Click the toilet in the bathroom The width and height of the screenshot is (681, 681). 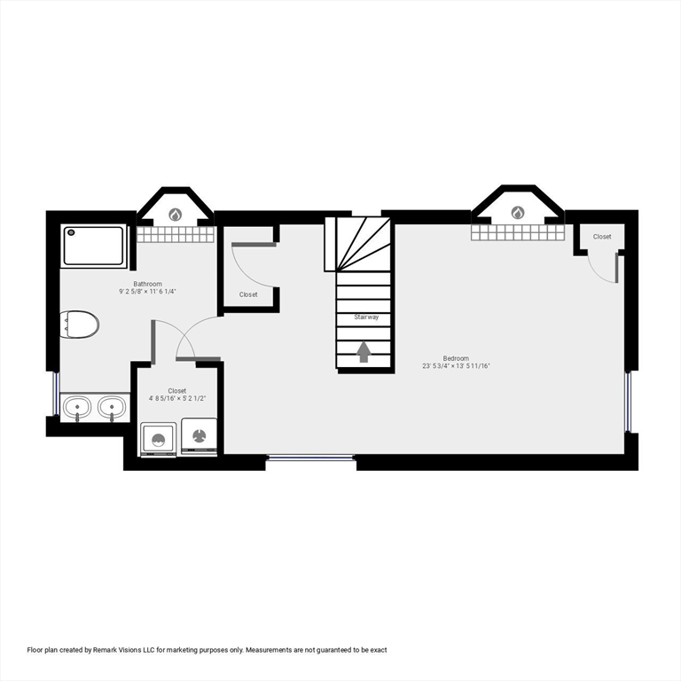80,325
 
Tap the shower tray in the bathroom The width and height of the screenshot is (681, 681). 93,246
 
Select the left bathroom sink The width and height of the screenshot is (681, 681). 77,408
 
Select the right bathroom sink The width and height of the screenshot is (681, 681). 112,408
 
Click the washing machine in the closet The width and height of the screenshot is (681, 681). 158,439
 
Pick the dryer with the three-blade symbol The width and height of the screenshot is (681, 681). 199,436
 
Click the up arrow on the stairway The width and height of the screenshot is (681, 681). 364,352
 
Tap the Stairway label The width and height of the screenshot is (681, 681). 366,317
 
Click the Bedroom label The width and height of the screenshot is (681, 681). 456,358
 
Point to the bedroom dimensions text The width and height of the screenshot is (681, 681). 456,366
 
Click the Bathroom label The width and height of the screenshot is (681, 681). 148,284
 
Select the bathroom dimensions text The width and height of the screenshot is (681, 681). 148,292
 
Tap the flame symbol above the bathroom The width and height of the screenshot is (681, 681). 175,214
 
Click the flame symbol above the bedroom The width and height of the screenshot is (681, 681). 517,213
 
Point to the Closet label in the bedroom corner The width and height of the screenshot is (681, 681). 602,237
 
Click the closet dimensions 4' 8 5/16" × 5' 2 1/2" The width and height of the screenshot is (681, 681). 176,398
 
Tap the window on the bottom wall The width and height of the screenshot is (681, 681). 310,457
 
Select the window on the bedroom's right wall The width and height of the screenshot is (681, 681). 628,402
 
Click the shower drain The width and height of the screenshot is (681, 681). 71,232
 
